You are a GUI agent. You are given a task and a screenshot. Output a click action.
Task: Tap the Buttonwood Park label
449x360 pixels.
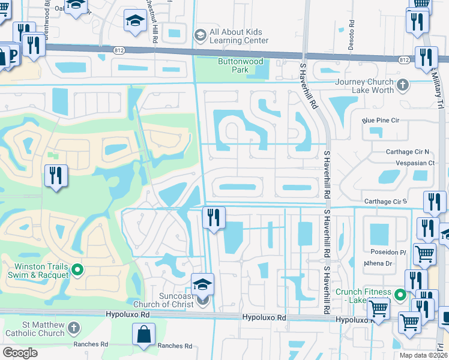232,65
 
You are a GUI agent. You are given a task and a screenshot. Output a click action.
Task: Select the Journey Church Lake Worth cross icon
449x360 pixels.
403,85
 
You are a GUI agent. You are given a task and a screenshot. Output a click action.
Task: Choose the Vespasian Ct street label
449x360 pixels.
414,163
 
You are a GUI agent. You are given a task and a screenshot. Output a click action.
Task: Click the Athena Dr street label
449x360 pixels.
378,263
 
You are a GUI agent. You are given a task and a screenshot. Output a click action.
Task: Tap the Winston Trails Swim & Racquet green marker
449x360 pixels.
76,271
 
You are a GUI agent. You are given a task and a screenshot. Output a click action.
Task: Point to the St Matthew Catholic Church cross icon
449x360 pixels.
73,328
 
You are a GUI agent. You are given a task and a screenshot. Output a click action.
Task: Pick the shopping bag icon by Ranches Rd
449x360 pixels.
145,334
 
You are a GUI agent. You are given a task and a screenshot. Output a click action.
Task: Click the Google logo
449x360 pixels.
20,353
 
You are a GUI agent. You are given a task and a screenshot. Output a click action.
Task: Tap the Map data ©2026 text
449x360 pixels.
423,355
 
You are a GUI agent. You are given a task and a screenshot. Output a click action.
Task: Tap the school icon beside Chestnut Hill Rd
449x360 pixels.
136,22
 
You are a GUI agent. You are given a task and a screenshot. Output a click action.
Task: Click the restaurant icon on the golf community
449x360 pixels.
56,176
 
